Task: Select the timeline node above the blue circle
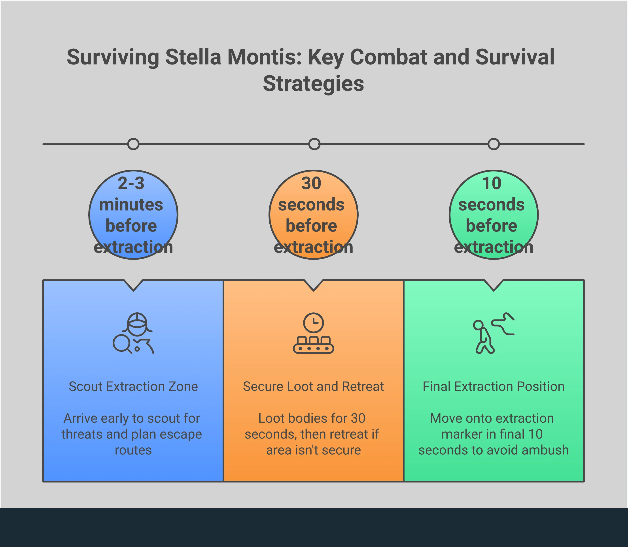tap(133, 144)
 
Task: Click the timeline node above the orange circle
tap(314, 144)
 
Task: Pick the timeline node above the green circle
tap(494, 144)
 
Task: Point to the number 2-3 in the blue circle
tap(131, 183)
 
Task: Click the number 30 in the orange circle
tap(311, 183)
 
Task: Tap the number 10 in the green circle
tap(492, 183)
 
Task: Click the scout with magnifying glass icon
tap(133, 333)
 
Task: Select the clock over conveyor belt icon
tap(313, 333)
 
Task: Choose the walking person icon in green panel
tap(494, 333)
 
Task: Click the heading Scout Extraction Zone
tap(133, 386)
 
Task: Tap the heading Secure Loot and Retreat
tap(313, 386)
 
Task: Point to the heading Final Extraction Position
tap(494, 386)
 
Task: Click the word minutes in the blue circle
tap(131, 205)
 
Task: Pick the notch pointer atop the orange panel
tap(313, 285)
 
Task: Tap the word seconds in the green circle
tap(492, 205)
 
